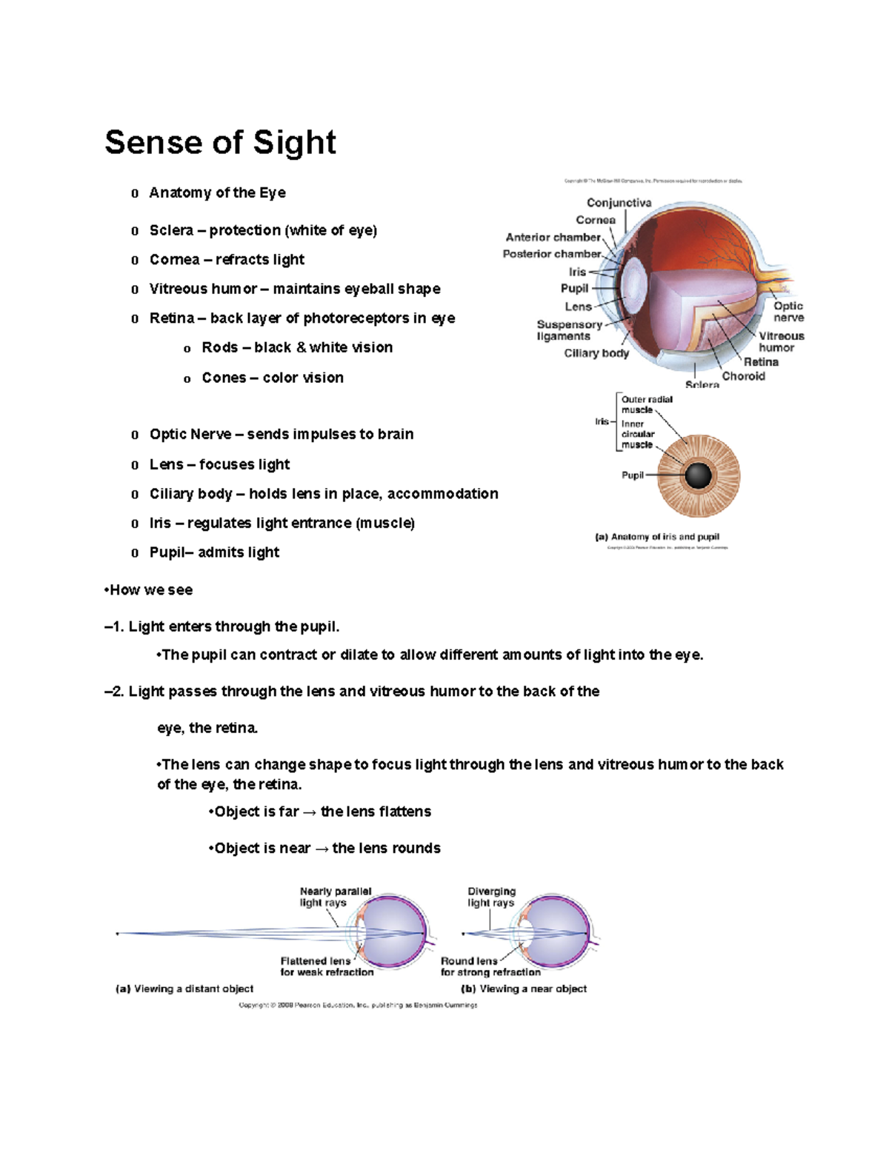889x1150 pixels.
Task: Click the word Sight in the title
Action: click(x=294, y=142)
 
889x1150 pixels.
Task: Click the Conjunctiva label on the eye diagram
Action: click(x=619, y=203)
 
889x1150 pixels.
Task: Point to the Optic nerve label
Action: click(x=788, y=312)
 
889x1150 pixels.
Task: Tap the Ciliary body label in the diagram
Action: click(x=596, y=353)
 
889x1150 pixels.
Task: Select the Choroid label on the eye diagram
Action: click(x=743, y=376)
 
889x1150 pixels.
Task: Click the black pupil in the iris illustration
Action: click(x=698, y=475)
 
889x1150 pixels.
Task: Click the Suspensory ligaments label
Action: click(x=568, y=330)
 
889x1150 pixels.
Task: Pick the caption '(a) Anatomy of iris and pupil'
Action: click(x=656, y=537)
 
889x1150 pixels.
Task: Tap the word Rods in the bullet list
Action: click(x=219, y=347)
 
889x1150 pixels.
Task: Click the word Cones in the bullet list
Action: click(x=224, y=378)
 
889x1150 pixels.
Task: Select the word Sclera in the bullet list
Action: click(x=171, y=230)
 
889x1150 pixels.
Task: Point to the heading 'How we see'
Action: click(x=150, y=590)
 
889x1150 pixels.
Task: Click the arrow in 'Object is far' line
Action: click(x=310, y=812)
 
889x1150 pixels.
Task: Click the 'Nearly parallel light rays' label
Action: click(x=335, y=897)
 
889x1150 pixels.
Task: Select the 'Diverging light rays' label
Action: click(x=491, y=897)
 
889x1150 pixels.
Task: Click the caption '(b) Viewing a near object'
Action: click(x=524, y=989)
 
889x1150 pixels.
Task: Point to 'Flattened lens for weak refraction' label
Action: click(x=326, y=966)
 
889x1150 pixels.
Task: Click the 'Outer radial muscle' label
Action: click(x=646, y=404)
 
